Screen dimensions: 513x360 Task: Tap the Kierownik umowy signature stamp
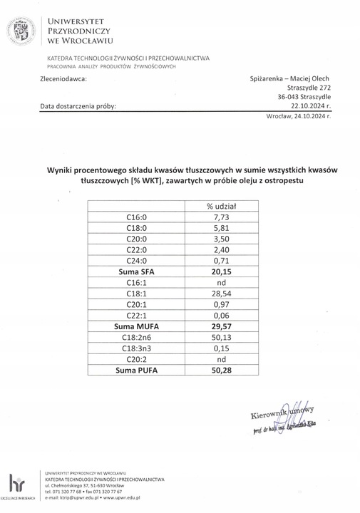[x=282, y=420]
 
